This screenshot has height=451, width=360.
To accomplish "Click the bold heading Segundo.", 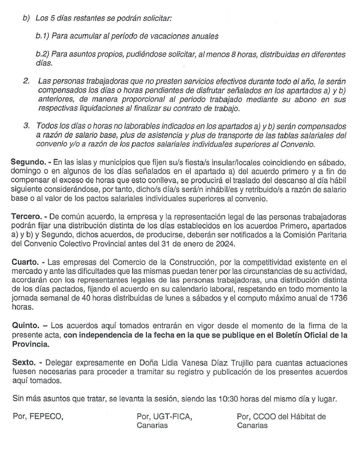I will (x=28, y=163).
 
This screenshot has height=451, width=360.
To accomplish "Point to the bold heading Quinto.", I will (x=25, y=325).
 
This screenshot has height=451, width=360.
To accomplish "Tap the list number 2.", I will (x=26, y=80).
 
